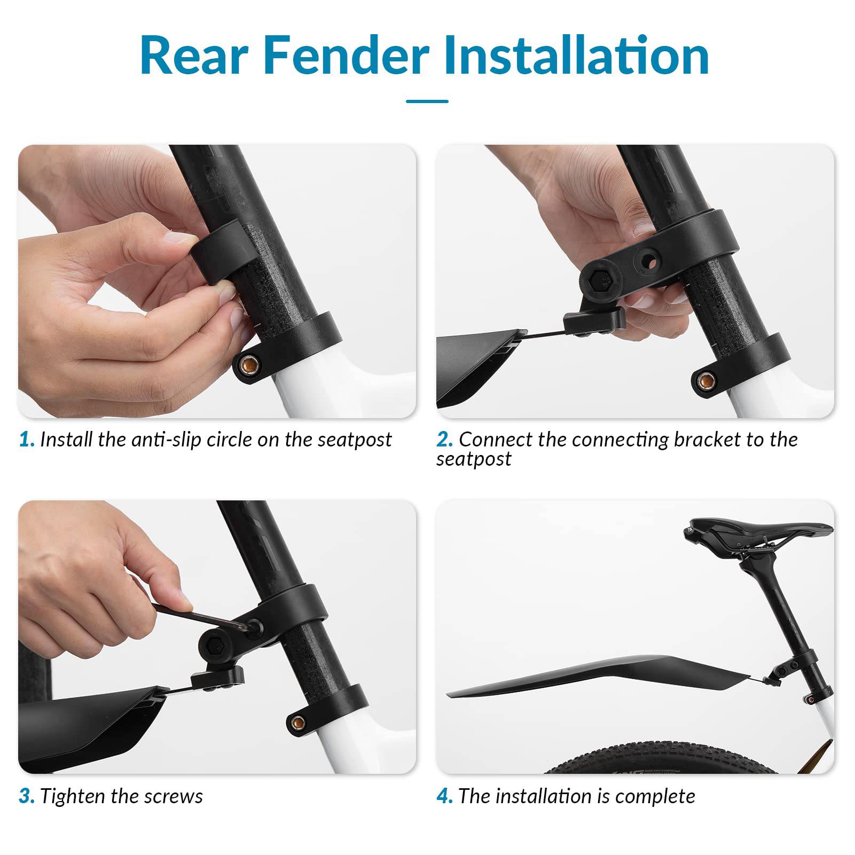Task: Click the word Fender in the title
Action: (347, 56)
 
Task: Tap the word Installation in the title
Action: (577, 56)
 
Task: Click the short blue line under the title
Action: (427, 101)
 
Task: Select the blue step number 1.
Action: (26, 440)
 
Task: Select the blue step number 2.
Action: (444, 440)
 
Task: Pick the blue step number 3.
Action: (26, 796)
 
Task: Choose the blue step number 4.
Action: (444, 796)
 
